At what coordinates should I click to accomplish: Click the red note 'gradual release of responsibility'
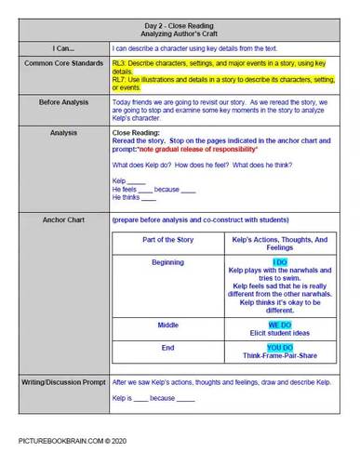pyautogui.click(x=214, y=149)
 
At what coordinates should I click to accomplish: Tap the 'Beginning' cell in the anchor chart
pyautogui.click(x=167, y=263)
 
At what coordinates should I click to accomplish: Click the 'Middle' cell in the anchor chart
pyautogui.click(x=167, y=325)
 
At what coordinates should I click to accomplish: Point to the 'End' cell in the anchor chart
pyautogui.click(x=167, y=347)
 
